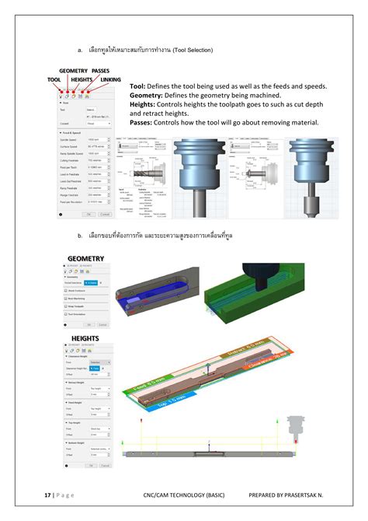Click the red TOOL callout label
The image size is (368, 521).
(54, 79)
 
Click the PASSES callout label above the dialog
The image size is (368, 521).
(100, 71)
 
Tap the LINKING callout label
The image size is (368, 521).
(110, 79)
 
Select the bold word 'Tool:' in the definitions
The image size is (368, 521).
(138, 86)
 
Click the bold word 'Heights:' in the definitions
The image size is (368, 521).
(143, 104)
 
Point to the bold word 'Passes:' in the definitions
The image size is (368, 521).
(141, 122)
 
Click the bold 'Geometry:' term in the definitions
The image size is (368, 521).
(148, 95)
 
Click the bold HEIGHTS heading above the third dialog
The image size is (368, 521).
(85, 338)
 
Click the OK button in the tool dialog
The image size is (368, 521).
(89, 213)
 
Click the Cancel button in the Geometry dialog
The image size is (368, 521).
(102, 323)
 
